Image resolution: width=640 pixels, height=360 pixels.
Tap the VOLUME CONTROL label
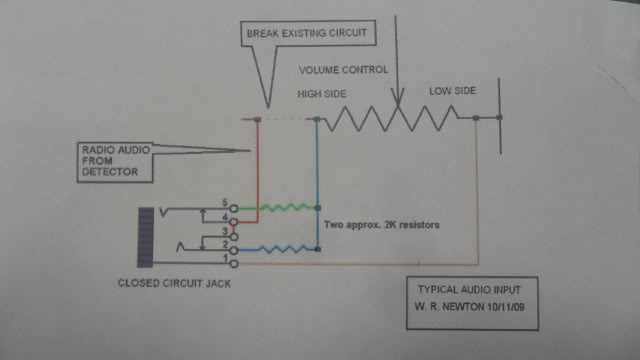tap(343, 70)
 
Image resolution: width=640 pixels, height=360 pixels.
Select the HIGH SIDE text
tap(322, 94)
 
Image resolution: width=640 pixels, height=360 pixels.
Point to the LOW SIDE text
tap(452, 91)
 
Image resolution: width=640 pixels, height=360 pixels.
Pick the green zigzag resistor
tap(288, 207)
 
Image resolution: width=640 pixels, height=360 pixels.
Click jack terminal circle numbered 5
tap(233, 209)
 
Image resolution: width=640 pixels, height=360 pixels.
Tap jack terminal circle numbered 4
tap(233, 222)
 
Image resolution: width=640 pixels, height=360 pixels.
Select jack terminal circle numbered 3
tap(234, 237)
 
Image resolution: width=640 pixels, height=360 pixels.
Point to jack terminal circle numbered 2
tap(234, 250)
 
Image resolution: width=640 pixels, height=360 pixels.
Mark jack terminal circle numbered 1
tap(234, 264)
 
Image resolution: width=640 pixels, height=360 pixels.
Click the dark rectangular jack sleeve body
tap(145, 237)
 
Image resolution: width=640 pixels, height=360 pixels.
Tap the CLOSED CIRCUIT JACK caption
tap(174, 283)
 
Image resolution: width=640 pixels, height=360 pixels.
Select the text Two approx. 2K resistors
tap(382, 224)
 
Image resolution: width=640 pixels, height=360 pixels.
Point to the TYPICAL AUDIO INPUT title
tap(469, 289)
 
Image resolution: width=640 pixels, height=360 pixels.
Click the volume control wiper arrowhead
tap(398, 97)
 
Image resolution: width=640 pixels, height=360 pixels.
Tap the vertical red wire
tap(258, 170)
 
